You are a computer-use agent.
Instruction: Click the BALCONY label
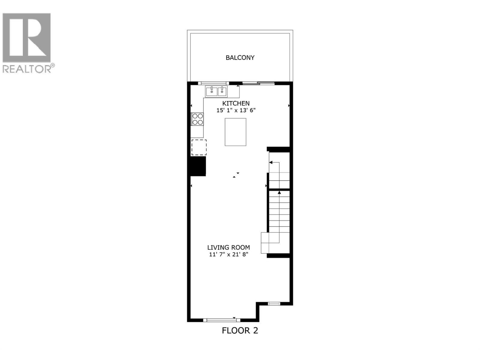[240, 58]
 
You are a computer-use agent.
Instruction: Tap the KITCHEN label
[236, 103]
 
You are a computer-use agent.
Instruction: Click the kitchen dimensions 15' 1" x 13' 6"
[236, 110]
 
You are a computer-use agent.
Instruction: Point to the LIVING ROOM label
[229, 247]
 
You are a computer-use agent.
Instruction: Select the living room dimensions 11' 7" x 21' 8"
[229, 254]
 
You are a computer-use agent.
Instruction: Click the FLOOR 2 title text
[240, 331]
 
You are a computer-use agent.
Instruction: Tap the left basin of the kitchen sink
[211, 91]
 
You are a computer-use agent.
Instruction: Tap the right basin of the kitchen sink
[222, 91]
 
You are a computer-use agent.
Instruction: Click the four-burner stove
[197, 119]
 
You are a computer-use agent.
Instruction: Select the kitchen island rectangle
[235, 132]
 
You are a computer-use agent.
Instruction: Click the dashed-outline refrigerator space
[199, 147]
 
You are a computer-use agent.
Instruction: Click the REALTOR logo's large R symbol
[26, 37]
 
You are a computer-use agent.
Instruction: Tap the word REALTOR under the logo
[27, 69]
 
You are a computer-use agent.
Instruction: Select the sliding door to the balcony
[258, 83]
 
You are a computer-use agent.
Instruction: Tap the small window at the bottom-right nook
[274, 304]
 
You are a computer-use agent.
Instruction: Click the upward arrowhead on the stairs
[279, 192]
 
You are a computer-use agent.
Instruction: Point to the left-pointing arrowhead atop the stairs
[271, 162]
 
